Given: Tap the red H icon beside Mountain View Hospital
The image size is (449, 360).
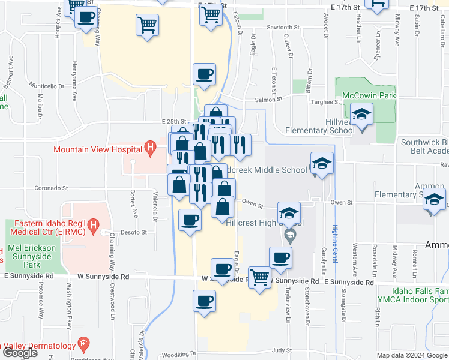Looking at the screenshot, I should click(151, 147).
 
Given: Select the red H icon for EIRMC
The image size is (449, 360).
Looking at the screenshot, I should click(93, 225).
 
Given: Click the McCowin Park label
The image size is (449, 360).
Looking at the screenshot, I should click(369, 95).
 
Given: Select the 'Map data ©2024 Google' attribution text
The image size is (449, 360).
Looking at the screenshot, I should click(411, 355).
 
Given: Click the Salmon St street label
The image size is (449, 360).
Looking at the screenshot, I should click(268, 100).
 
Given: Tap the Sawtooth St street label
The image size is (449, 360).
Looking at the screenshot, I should click(283, 28).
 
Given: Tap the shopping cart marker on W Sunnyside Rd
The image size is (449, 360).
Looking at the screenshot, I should click(259, 278).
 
